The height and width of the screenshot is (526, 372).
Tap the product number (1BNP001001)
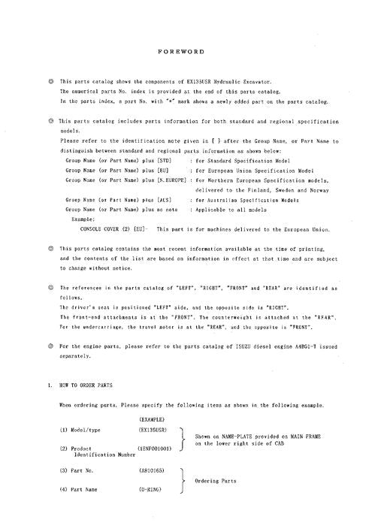(x=158, y=449)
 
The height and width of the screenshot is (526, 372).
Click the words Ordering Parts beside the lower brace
(x=218, y=481)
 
